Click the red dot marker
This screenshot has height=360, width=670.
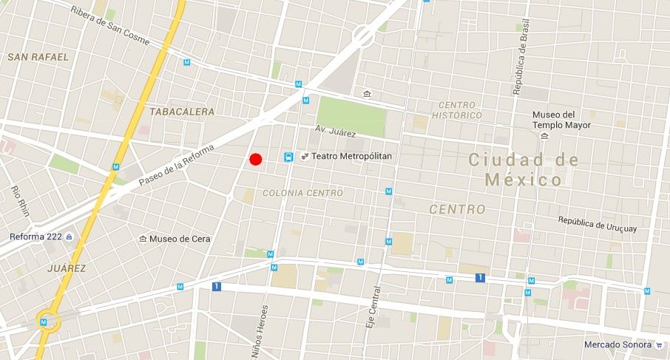pos(256,159)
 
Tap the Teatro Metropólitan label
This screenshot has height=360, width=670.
pos(351,157)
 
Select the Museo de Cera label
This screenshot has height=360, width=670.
pos(180,239)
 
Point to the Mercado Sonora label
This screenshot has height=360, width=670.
pos(617,344)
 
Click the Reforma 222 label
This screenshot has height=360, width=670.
pos(36,237)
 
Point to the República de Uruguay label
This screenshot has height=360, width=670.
pos(597,224)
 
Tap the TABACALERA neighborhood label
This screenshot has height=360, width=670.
pos(182,112)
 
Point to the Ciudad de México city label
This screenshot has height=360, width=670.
pos(524,169)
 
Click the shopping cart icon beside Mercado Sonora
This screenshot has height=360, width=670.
pos(658,344)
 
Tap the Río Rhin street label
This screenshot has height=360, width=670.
pos(20,199)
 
